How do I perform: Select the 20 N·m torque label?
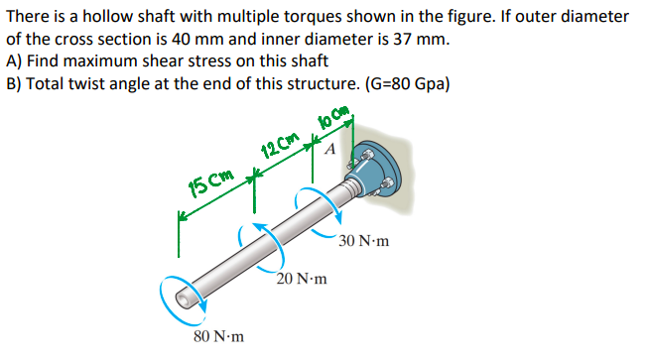[x=303, y=280]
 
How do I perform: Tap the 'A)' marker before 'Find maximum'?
[x=14, y=61]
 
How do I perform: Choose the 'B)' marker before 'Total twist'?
[x=14, y=83]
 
